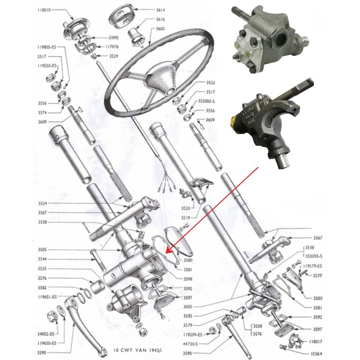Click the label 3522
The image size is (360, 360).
211,82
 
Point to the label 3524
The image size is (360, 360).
43,204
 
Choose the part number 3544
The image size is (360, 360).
43,259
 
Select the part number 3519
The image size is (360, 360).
195,217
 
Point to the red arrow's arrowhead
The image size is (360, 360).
167,252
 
